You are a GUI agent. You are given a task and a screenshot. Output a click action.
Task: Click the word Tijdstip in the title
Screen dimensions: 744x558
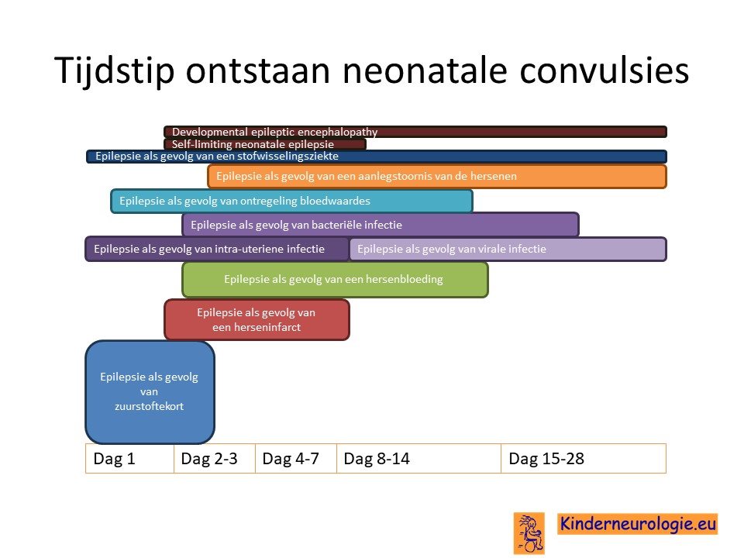click(x=115, y=71)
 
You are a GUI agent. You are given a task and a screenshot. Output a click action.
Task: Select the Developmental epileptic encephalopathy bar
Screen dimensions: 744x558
click(x=415, y=132)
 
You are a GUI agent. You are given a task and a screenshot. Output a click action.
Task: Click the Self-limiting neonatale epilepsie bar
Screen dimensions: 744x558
click(x=265, y=144)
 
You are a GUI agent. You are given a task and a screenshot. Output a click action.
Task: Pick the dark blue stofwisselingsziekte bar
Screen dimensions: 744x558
click(x=377, y=157)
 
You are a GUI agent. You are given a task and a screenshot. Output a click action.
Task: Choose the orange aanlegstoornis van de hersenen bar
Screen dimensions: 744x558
click(x=437, y=177)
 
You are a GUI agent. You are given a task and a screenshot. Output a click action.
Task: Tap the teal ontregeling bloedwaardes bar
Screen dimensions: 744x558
click(x=291, y=201)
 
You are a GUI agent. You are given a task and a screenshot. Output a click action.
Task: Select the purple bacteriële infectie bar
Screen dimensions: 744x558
click(x=380, y=225)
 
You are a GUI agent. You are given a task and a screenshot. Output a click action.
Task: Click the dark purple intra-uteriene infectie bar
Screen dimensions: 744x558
click(x=217, y=249)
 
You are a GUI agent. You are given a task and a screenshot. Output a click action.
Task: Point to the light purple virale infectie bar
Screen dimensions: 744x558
click(x=508, y=249)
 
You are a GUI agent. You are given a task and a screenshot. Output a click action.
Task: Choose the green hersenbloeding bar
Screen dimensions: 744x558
click(x=335, y=280)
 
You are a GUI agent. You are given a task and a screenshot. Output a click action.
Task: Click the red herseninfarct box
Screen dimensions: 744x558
click(x=257, y=320)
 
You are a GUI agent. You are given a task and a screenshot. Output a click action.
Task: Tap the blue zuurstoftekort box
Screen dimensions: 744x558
click(x=150, y=392)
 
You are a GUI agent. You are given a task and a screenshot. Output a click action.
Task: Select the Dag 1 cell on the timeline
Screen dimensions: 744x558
click(x=129, y=459)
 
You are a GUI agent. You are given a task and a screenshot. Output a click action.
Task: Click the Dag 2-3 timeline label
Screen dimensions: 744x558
click(x=209, y=459)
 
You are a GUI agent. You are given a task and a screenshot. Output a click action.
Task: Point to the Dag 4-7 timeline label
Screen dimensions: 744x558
click(x=291, y=459)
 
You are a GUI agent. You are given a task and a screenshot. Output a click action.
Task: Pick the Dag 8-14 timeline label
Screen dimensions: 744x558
click(x=377, y=459)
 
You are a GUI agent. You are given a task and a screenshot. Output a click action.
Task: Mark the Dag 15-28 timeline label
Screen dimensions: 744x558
click(x=546, y=459)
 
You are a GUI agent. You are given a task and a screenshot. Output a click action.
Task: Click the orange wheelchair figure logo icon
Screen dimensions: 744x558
click(x=529, y=533)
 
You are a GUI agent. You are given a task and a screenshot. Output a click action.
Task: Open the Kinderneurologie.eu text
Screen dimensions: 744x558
click(x=638, y=524)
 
